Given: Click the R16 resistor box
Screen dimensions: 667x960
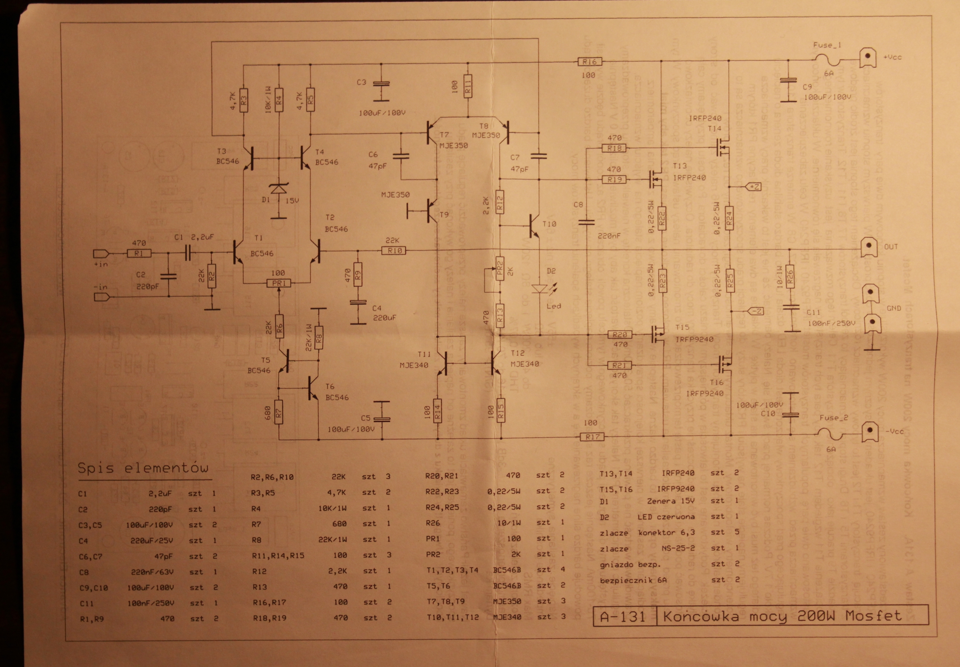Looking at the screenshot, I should pos(589,62).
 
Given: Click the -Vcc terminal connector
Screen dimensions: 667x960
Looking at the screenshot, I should pos(869,431).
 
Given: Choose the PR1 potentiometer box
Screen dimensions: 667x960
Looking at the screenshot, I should pos(278,283).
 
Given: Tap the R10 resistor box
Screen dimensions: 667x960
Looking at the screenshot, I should pos(394,251).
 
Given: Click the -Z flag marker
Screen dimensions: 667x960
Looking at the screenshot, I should pos(756,311).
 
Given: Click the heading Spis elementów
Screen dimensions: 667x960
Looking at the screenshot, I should pos(143,468).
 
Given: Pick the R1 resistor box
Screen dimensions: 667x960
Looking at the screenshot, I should pos(139,254).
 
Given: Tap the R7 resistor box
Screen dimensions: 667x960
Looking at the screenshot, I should pos(278,413).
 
